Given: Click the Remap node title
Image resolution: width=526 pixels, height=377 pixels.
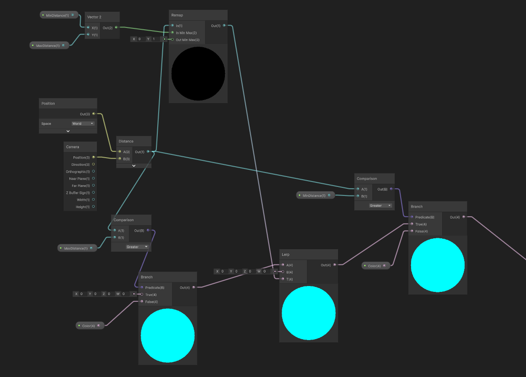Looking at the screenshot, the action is coord(177,15).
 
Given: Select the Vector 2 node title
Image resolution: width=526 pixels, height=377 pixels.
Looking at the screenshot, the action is coord(94,17).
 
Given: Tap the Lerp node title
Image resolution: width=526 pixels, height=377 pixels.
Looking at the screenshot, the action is coord(286,254).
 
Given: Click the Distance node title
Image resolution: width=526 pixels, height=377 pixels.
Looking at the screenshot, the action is coord(126,141).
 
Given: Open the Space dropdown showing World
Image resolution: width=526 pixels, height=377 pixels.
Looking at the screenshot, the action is coord(83,123).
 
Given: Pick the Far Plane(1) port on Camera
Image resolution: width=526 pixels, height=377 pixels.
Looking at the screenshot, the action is coord(93,186).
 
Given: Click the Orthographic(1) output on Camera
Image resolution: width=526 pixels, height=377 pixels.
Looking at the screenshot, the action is coord(93,172).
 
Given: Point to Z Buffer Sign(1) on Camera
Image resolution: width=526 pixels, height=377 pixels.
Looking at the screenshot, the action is coord(93,193).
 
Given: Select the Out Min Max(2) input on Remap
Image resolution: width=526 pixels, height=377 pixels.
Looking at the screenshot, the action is coord(172,40).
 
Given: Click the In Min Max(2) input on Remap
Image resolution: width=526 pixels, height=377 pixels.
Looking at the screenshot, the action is coord(172,32).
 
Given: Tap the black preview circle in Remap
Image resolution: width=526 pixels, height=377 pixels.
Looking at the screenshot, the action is coord(198,73).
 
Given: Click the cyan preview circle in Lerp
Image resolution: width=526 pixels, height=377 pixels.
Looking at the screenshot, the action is coord(309,313).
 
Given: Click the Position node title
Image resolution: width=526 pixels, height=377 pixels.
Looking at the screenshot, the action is coord(48,104).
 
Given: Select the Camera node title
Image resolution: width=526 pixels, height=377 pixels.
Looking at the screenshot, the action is coord(73,147).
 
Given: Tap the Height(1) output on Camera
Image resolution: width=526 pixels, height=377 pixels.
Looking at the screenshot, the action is coord(93,207).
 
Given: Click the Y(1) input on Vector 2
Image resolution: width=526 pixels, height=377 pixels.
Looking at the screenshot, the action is coord(88,35).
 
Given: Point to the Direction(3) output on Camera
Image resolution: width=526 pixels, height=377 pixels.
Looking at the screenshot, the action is coord(93,164).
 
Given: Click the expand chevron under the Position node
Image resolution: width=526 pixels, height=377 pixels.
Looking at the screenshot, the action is coord(68,131).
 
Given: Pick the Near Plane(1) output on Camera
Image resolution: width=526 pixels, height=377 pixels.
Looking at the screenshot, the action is coord(93,179).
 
